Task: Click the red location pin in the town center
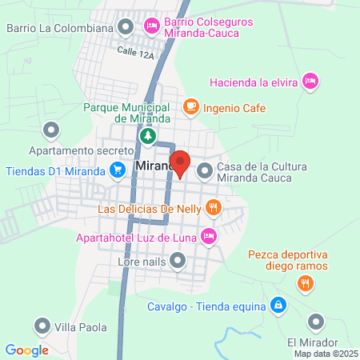pyautogui.click(x=180, y=162)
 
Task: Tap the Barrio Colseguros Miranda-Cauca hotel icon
pyautogui.click(x=150, y=27)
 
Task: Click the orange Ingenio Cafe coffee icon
pyautogui.click(x=190, y=106)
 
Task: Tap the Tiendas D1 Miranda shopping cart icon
pyautogui.click(x=118, y=170)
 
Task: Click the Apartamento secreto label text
pyautogui.click(x=80, y=150)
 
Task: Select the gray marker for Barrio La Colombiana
pyautogui.click(x=126, y=28)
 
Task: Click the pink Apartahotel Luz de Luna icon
pyautogui.click(x=208, y=235)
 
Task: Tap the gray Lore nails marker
pyautogui.click(x=178, y=260)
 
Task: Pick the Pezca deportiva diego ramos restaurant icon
pyautogui.click(x=305, y=282)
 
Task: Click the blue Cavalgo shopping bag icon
pyautogui.click(x=277, y=304)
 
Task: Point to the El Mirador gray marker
pyautogui.click(x=316, y=322)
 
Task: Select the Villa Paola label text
pyautogui.click(x=80, y=326)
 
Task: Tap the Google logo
pyautogui.click(x=26, y=350)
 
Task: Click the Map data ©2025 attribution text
pyautogui.click(x=325, y=354)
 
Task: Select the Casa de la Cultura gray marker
pyautogui.click(x=205, y=170)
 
